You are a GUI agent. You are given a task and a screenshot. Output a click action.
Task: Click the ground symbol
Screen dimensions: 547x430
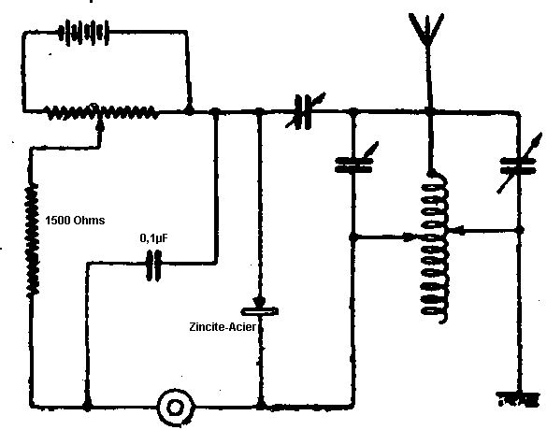[x=518, y=399]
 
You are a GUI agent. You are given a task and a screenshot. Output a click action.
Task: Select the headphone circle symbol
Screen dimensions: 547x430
[x=176, y=407]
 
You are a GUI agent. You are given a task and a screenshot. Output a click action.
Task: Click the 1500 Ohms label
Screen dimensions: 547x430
[x=75, y=221]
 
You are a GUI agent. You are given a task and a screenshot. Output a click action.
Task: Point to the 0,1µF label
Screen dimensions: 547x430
[x=154, y=238]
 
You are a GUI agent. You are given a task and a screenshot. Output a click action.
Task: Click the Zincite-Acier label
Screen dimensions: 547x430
[x=223, y=327]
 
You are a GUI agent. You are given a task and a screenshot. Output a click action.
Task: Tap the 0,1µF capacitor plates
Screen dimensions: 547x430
[x=153, y=265]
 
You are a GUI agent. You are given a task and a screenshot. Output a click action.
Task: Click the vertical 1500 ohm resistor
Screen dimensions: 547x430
[x=32, y=240]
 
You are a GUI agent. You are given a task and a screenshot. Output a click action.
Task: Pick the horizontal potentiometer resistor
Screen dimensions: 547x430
[x=101, y=111]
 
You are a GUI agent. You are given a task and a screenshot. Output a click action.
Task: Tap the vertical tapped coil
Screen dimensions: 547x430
[x=434, y=247]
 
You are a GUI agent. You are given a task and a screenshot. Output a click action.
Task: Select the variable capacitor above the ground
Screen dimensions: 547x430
[x=519, y=165]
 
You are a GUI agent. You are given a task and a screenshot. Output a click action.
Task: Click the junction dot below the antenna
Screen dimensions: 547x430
[x=429, y=111]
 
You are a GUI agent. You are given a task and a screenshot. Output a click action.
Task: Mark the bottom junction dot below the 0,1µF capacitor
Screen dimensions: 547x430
[x=87, y=407]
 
